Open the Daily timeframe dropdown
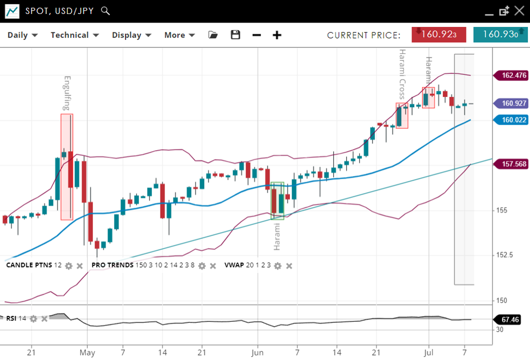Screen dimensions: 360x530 click(x=22, y=35)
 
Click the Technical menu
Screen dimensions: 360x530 click(x=74, y=35)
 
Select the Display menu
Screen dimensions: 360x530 click(x=131, y=35)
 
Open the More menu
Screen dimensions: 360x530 click(x=179, y=35)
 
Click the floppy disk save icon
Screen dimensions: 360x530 click(x=235, y=35)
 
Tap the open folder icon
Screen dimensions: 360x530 click(x=213, y=35)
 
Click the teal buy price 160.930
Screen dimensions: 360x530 click(x=500, y=34)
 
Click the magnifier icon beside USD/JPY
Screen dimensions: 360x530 click(x=106, y=11)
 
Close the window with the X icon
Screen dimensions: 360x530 click(x=519, y=10)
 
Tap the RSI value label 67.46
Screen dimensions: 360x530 click(x=510, y=320)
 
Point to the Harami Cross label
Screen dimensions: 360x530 click(x=402, y=74)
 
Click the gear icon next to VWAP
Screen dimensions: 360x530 click(x=278, y=266)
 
